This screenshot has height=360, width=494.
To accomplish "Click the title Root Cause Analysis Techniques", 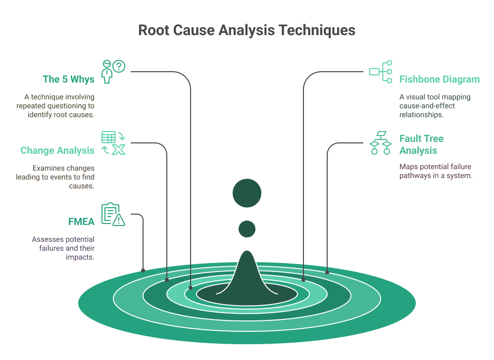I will pos(247,30).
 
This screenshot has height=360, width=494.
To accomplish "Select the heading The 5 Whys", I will pos(68,79).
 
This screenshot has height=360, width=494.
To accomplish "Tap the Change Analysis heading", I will pos(57,150).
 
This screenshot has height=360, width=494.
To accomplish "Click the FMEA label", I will pos(81,221).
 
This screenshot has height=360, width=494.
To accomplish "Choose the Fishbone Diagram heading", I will pos(439,79).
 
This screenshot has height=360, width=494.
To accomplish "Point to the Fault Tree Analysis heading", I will pos(421,144).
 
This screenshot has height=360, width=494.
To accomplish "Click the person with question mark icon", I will pos(113,71).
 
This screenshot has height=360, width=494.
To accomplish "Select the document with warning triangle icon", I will pos(113,214).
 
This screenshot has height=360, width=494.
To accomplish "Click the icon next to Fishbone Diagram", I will pos(381,72).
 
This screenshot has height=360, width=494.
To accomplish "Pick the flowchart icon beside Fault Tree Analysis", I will pos(381,143).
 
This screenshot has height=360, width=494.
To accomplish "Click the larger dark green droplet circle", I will pos(247,193).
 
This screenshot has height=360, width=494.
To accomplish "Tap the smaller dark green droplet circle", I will pos(247,229).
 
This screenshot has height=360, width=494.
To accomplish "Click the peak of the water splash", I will pos(247,255).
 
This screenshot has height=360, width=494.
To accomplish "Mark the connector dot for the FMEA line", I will pos(143,270).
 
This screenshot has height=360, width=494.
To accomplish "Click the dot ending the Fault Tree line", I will pos(327,271).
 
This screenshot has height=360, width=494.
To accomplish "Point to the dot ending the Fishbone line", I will pos(303,280).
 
